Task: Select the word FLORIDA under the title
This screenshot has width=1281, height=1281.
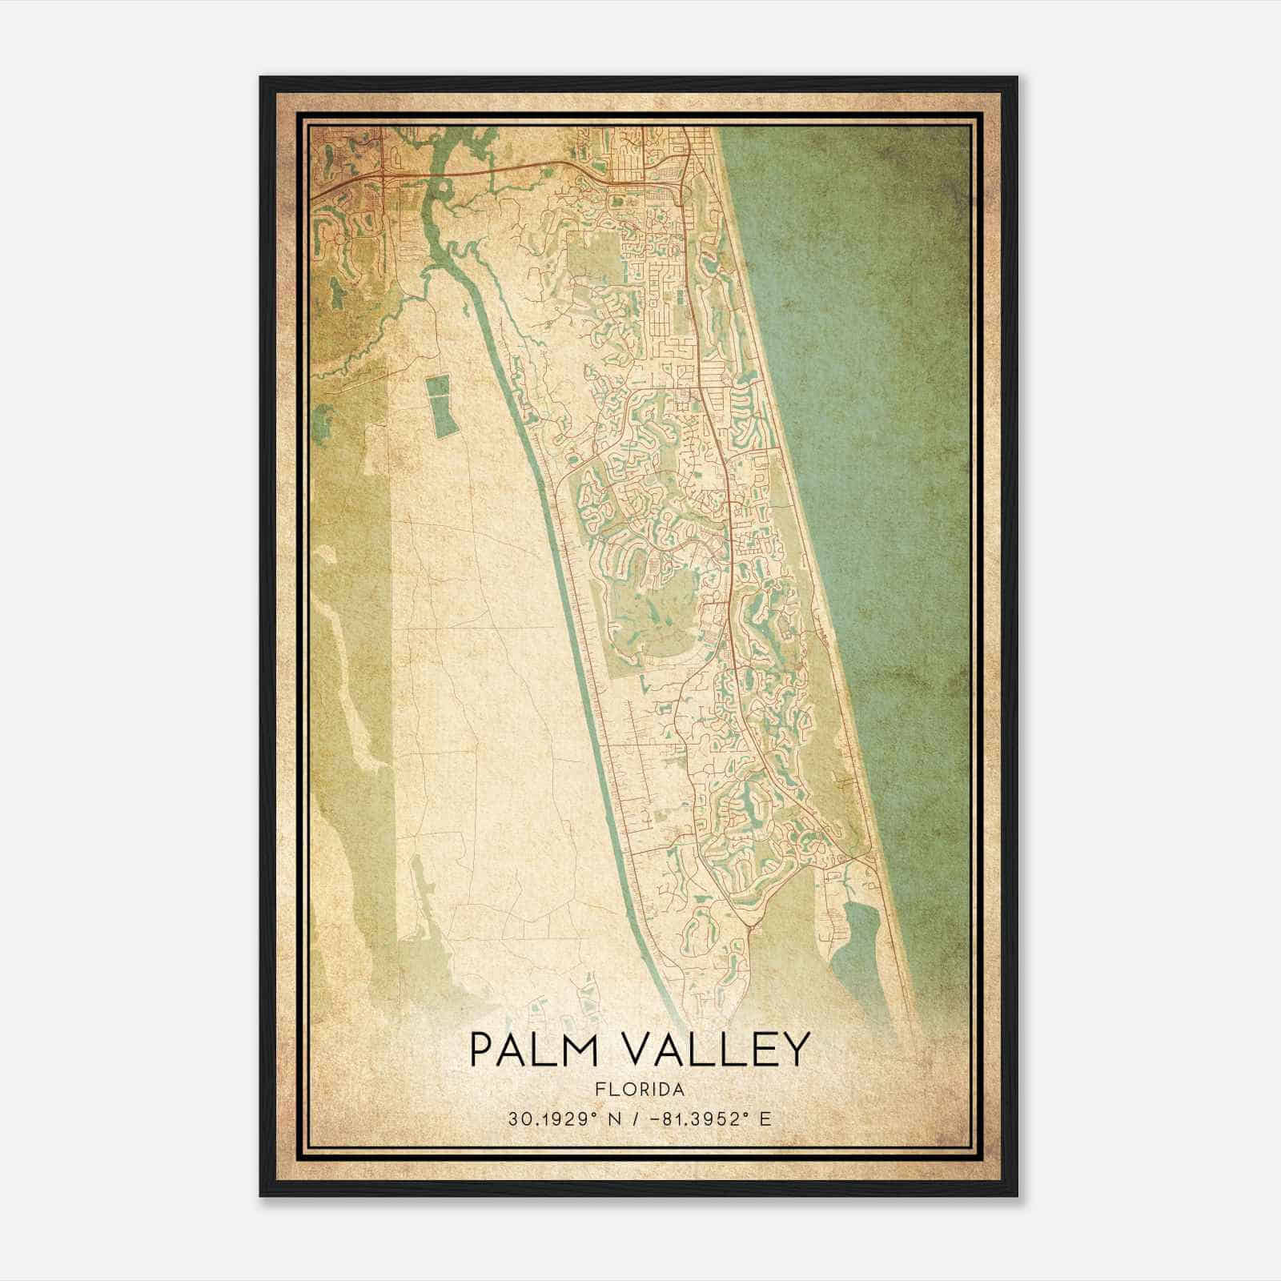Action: [x=640, y=1090]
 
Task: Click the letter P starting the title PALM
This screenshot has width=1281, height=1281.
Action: [x=480, y=1050]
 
